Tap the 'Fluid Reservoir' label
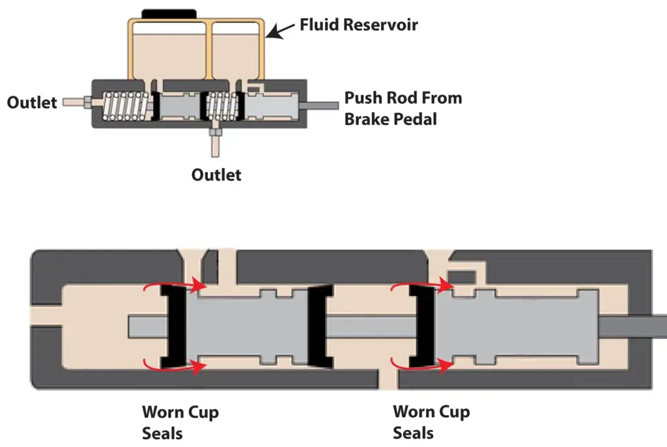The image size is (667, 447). [x=358, y=25]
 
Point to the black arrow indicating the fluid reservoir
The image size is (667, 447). [x=281, y=29]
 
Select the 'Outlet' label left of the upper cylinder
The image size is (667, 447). [x=32, y=102]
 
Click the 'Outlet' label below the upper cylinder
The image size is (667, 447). [x=216, y=175]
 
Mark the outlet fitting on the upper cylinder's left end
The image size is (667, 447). [x=78, y=102]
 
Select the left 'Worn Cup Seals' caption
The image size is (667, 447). [x=180, y=423]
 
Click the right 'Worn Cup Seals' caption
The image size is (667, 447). [x=431, y=422]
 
